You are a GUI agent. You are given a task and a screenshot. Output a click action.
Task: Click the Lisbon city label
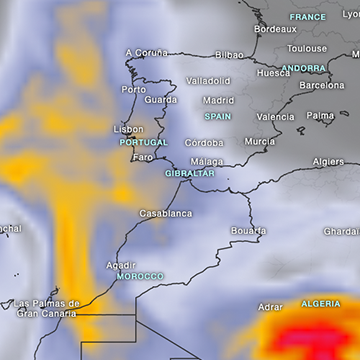coord(129,129)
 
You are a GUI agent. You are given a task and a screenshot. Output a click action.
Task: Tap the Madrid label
coord(218,100)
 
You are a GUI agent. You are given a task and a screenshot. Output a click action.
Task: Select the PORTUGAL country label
coord(143,143)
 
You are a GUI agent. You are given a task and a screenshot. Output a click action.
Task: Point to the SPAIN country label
coord(218,116)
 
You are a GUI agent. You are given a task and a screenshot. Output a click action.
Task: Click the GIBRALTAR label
coord(190,173)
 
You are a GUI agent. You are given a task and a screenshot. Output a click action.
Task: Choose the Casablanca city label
coord(166,213)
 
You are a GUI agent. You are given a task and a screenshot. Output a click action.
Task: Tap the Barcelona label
coord(322,86)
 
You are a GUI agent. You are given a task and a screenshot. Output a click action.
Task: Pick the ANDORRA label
coord(303,69)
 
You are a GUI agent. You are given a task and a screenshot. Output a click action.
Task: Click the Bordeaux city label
coord(275,29)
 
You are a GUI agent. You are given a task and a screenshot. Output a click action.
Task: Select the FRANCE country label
coord(308,17)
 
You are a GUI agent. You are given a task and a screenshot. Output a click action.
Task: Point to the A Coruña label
coord(147,52)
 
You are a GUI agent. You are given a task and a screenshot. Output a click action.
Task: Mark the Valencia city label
coord(276,116)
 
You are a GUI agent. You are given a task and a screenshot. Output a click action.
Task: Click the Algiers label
coord(328,161)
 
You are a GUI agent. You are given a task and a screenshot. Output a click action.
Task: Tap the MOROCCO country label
coord(140,276)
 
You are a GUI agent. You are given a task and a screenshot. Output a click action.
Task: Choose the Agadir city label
coord(122,264)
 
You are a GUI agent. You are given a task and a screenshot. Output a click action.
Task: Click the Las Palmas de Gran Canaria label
coord(47,308)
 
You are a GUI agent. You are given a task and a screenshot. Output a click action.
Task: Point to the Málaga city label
coord(207,161)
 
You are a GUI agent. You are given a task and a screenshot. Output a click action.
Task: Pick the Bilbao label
coord(229,55)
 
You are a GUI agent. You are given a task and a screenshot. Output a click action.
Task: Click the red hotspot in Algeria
coord(310,335)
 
